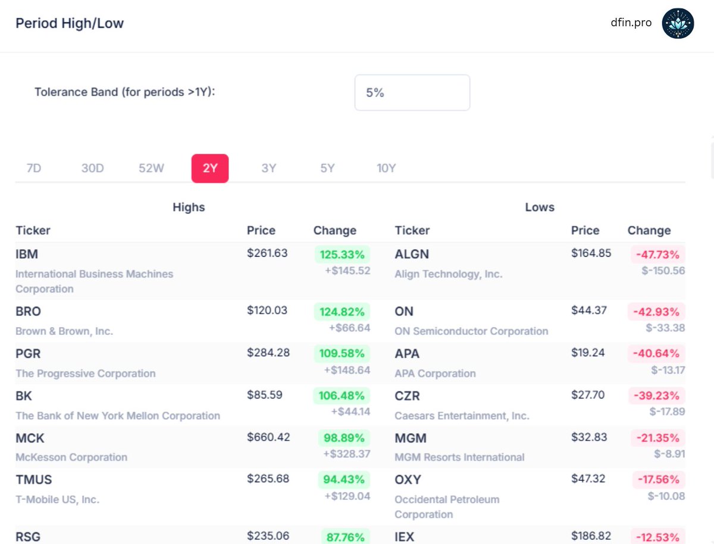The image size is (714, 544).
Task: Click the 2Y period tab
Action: [x=210, y=168]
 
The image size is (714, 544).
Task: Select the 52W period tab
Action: [x=151, y=168]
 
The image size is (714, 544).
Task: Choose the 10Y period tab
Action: [x=386, y=168]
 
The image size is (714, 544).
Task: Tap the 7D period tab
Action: [x=34, y=168]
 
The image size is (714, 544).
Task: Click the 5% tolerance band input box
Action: [x=412, y=92]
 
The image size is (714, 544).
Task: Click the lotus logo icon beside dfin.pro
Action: [x=678, y=23]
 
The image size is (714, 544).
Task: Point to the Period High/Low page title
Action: [x=70, y=23]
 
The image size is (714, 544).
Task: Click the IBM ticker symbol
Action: [x=27, y=254]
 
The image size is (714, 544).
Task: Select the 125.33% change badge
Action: [x=342, y=255]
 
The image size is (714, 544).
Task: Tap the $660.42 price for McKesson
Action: [x=268, y=437]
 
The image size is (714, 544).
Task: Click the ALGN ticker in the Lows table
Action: [x=412, y=254]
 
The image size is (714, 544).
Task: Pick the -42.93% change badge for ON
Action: [x=657, y=312]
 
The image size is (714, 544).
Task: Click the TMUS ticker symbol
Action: [x=34, y=480]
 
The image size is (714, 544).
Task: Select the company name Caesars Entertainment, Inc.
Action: [x=462, y=416]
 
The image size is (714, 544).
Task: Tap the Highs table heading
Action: [x=189, y=207]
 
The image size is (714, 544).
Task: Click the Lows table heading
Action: [x=540, y=207]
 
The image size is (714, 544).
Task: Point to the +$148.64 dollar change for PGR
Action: [x=347, y=370]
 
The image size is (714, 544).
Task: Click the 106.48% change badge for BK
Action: [x=342, y=396]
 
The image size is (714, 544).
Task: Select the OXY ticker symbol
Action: [x=408, y=480]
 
